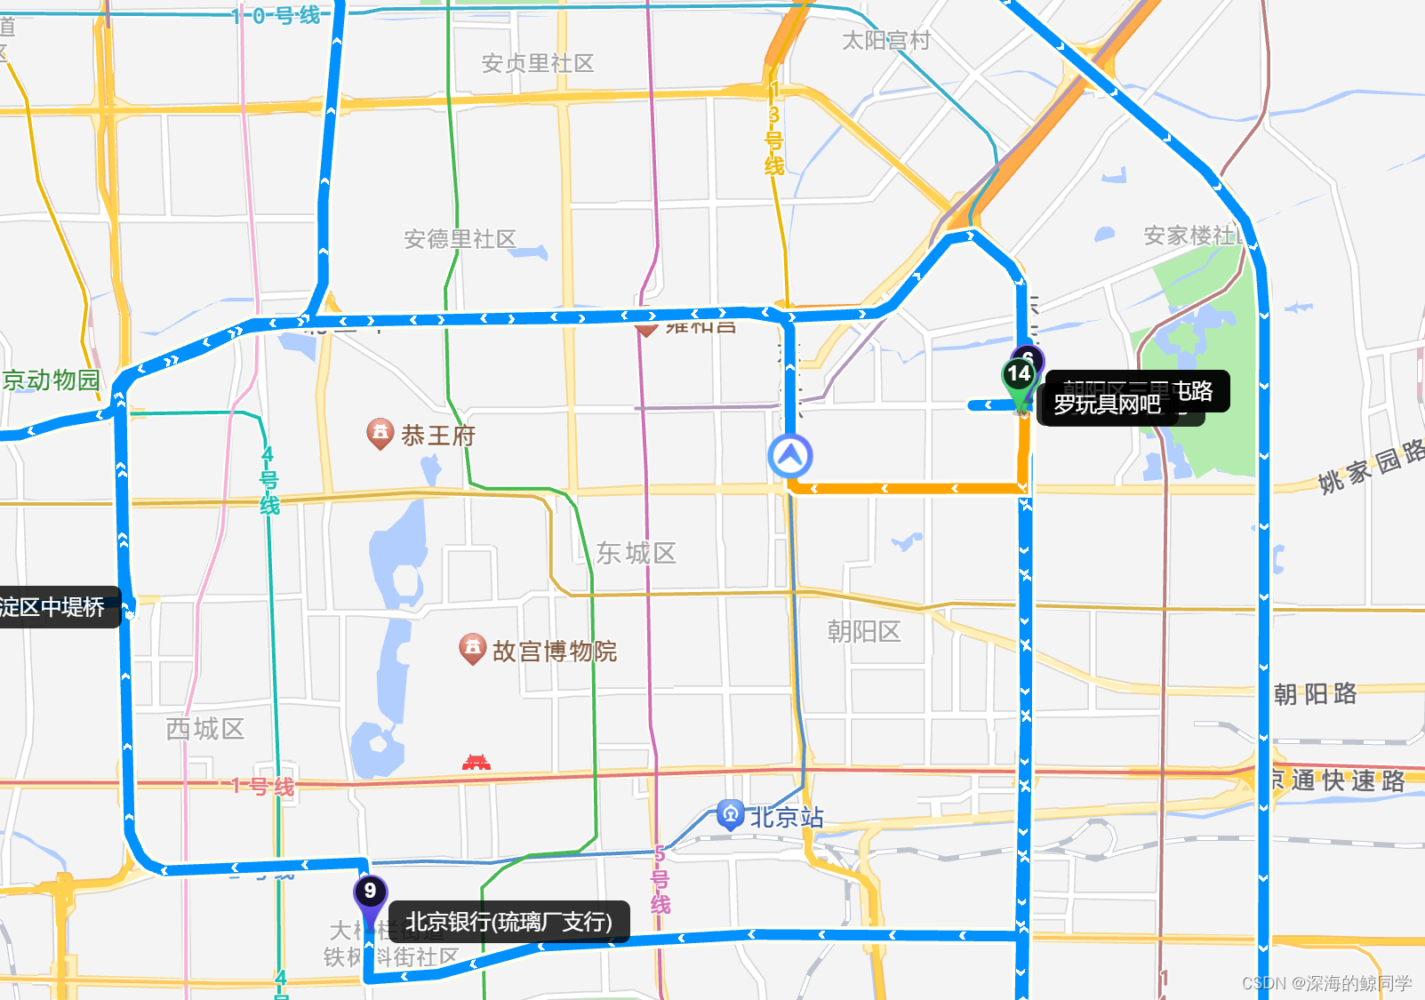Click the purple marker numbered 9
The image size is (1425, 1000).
click(370, 892)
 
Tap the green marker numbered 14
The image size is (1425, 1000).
click(1019, 375)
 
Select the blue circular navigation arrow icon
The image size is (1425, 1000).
click(790, 456)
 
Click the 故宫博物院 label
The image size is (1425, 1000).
click(554, 652)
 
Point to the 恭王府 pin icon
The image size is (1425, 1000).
click(380, 433)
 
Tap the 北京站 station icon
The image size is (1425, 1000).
click(730, 814)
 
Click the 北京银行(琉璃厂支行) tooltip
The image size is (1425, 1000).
click(508, 922)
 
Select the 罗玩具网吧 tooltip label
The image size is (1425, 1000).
click(1107, 405)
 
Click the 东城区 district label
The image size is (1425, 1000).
click(636, 553)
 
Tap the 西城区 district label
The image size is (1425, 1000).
click(205, 729)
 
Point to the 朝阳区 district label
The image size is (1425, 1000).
click(864, 631)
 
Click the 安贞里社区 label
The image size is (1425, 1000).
click(538, 63)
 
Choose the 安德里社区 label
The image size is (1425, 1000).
click(460, 239)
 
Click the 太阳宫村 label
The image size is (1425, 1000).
click(886, 41)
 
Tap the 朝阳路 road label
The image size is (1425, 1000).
click(1315, 693)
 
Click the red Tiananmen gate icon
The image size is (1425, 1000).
click(476, 763)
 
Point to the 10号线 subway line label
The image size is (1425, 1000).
click(276, 15)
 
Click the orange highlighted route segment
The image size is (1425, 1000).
click(907, 488)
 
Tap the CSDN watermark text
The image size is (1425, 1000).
click(1326, 982)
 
